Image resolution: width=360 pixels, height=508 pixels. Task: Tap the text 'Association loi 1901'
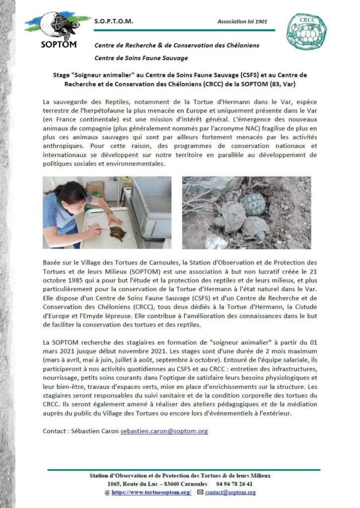coord(242,22)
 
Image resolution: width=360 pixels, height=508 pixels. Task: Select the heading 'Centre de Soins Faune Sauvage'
coord(141,58)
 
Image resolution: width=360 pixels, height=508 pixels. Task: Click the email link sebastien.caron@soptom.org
coord(164,431)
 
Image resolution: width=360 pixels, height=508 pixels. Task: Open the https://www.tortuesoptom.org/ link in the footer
coord(151,492)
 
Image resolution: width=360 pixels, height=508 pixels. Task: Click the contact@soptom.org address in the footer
coord(230,492)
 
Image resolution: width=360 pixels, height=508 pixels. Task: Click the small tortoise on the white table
coord(117,233)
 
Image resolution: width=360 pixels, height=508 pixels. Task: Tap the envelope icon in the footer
coord(200,492)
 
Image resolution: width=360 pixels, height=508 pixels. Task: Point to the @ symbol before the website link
coord(107,492)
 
